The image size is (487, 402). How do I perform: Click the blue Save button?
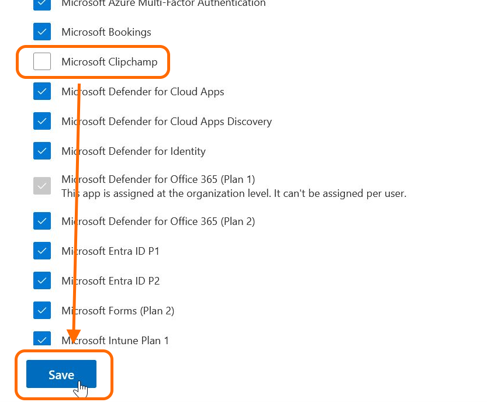coord(61,374)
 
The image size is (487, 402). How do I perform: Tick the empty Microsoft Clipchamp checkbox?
coord(42,61)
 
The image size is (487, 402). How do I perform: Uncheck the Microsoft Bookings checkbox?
coord(42,32)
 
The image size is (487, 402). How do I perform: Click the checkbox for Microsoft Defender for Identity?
coord(42,151)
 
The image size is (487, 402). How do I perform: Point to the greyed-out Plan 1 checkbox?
coord(42,186)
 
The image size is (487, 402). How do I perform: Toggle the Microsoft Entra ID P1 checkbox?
coord(42,251)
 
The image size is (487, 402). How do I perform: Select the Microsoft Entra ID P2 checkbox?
coord(42,280)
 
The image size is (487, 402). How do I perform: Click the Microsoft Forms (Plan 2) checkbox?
coord(42,310)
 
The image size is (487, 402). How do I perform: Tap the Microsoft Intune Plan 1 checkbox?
coord(42,338)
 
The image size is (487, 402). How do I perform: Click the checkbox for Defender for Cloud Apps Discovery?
coord(42,121)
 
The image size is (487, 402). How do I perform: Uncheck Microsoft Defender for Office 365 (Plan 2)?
coord(42,221)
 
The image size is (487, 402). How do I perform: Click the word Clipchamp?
coord(133,62)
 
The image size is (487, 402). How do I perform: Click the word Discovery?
coord(250,122)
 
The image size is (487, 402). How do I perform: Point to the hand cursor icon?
coord(81,389)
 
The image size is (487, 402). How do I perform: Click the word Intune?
coord(123,341)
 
